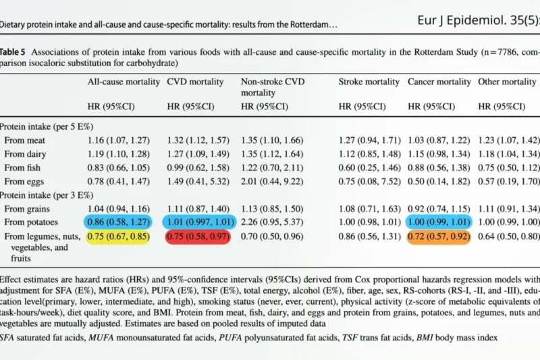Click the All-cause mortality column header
coord(124,82)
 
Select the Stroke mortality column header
coord(369,82)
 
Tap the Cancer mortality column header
coord(439,82)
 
